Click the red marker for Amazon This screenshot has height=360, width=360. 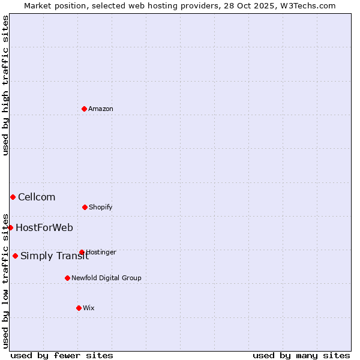pos(84,109)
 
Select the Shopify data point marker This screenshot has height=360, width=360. pos(85,207)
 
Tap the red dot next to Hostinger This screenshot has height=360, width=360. pos(82,252)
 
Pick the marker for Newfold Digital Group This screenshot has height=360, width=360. pos(67,278)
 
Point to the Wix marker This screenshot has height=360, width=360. pos(79,308)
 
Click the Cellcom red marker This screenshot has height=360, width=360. pos(13,197)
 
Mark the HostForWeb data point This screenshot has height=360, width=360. pos(10,227)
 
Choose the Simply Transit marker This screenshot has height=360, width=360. pos(15,256)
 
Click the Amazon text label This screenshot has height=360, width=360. pos(101,109)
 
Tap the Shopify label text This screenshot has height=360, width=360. pos(101,207)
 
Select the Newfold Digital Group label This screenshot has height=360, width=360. pos(106,278)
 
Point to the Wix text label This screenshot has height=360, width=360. pos(89,308)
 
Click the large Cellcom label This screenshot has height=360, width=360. pos(37,197)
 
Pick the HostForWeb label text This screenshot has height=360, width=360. pos(44,227)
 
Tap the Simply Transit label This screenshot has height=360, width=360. pos(54,256)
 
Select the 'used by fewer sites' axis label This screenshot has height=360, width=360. pos(62,355)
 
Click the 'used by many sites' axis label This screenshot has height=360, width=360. pos(301,355)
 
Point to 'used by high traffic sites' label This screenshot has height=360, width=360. pos(5,85)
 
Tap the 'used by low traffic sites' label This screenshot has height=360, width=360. pos(5,280)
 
